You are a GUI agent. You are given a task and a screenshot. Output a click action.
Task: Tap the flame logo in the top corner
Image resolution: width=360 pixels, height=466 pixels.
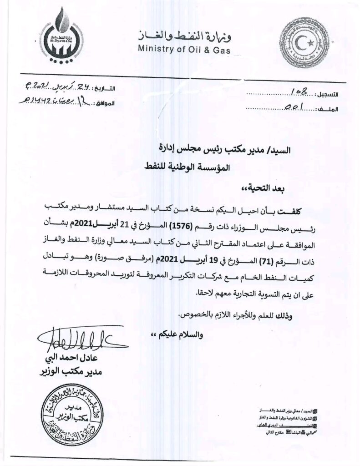tap(60, 33)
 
